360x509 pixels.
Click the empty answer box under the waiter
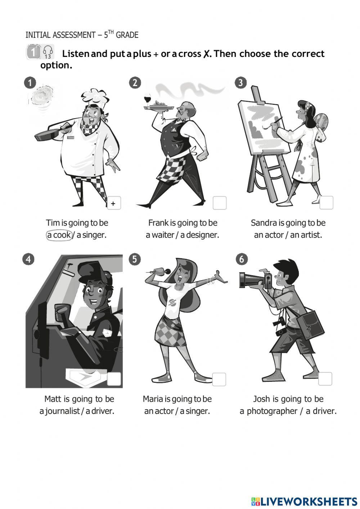[x=220, y=203]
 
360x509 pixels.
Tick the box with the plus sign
[x=114, y=203]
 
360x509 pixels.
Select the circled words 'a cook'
[x=59, y=235]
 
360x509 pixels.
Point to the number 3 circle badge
[x=240, y=83]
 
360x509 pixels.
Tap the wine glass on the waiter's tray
[x=148, y=99]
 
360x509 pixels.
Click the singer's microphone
[x=158, y=271]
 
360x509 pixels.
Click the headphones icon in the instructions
[x=48, y=52]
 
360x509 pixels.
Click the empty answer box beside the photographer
[x=325, y=379]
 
